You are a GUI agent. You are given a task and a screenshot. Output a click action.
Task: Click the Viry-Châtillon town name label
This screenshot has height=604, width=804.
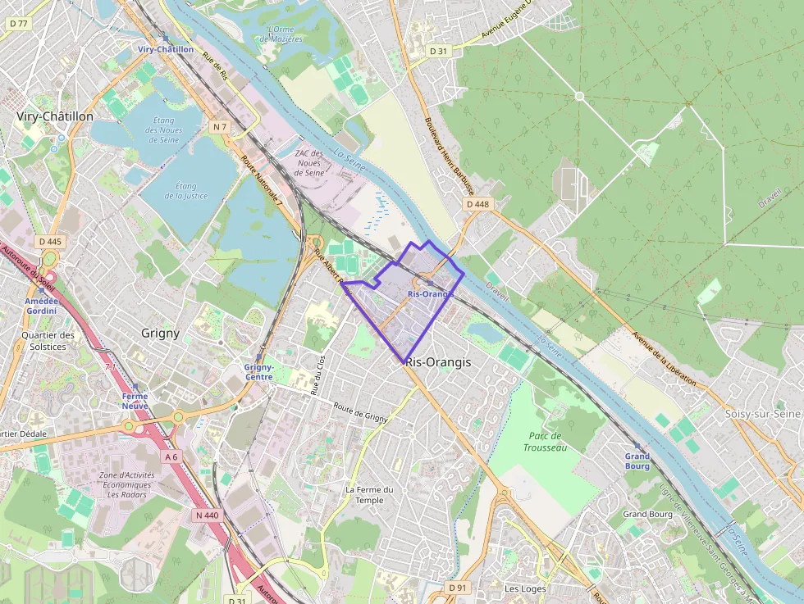pyautogui.click(x=55, y=117)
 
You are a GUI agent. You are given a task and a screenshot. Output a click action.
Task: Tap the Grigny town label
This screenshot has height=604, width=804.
pyautogui.click(x=160, y=334)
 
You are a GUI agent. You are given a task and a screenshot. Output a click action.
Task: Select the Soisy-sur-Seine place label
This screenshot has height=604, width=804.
pyautogui.click(x=762, y=414)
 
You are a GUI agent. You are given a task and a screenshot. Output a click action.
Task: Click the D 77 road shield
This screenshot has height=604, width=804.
pyautogui.click(x=17, y=24)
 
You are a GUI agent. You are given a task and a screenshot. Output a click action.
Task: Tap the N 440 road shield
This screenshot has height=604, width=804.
pyautogui.click(x=208, y=515)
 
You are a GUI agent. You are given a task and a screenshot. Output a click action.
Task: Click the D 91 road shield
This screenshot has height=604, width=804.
pyautogui.click(x=458, y=588)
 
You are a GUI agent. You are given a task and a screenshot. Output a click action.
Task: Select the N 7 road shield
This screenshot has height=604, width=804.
pyautogui.click(x=219, y=127)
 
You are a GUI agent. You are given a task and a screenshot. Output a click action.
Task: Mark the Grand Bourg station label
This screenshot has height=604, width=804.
pyautogui.click(x=637, y=461)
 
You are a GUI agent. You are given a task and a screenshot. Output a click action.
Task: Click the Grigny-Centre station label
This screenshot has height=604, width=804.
pyautogui.click(x=258, y=372)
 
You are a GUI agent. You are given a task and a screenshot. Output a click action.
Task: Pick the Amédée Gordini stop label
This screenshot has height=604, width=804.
pyautogui.click(x=41, y=306)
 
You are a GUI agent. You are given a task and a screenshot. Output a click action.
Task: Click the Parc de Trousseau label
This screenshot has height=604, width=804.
pyautogui.click(x=545, y=442)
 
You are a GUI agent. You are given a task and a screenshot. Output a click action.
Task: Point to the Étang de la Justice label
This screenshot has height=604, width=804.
pyautogui.click(x=186, y=191)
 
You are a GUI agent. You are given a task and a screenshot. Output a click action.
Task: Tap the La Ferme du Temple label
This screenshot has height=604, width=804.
pyautogui.click(x=369, y=495)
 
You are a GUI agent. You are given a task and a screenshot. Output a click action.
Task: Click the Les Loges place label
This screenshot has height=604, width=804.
pyautogui.click(x=525, y=588)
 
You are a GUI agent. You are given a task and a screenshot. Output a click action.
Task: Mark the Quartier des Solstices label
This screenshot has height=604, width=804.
pyautogui.click(x=48, y=341)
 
